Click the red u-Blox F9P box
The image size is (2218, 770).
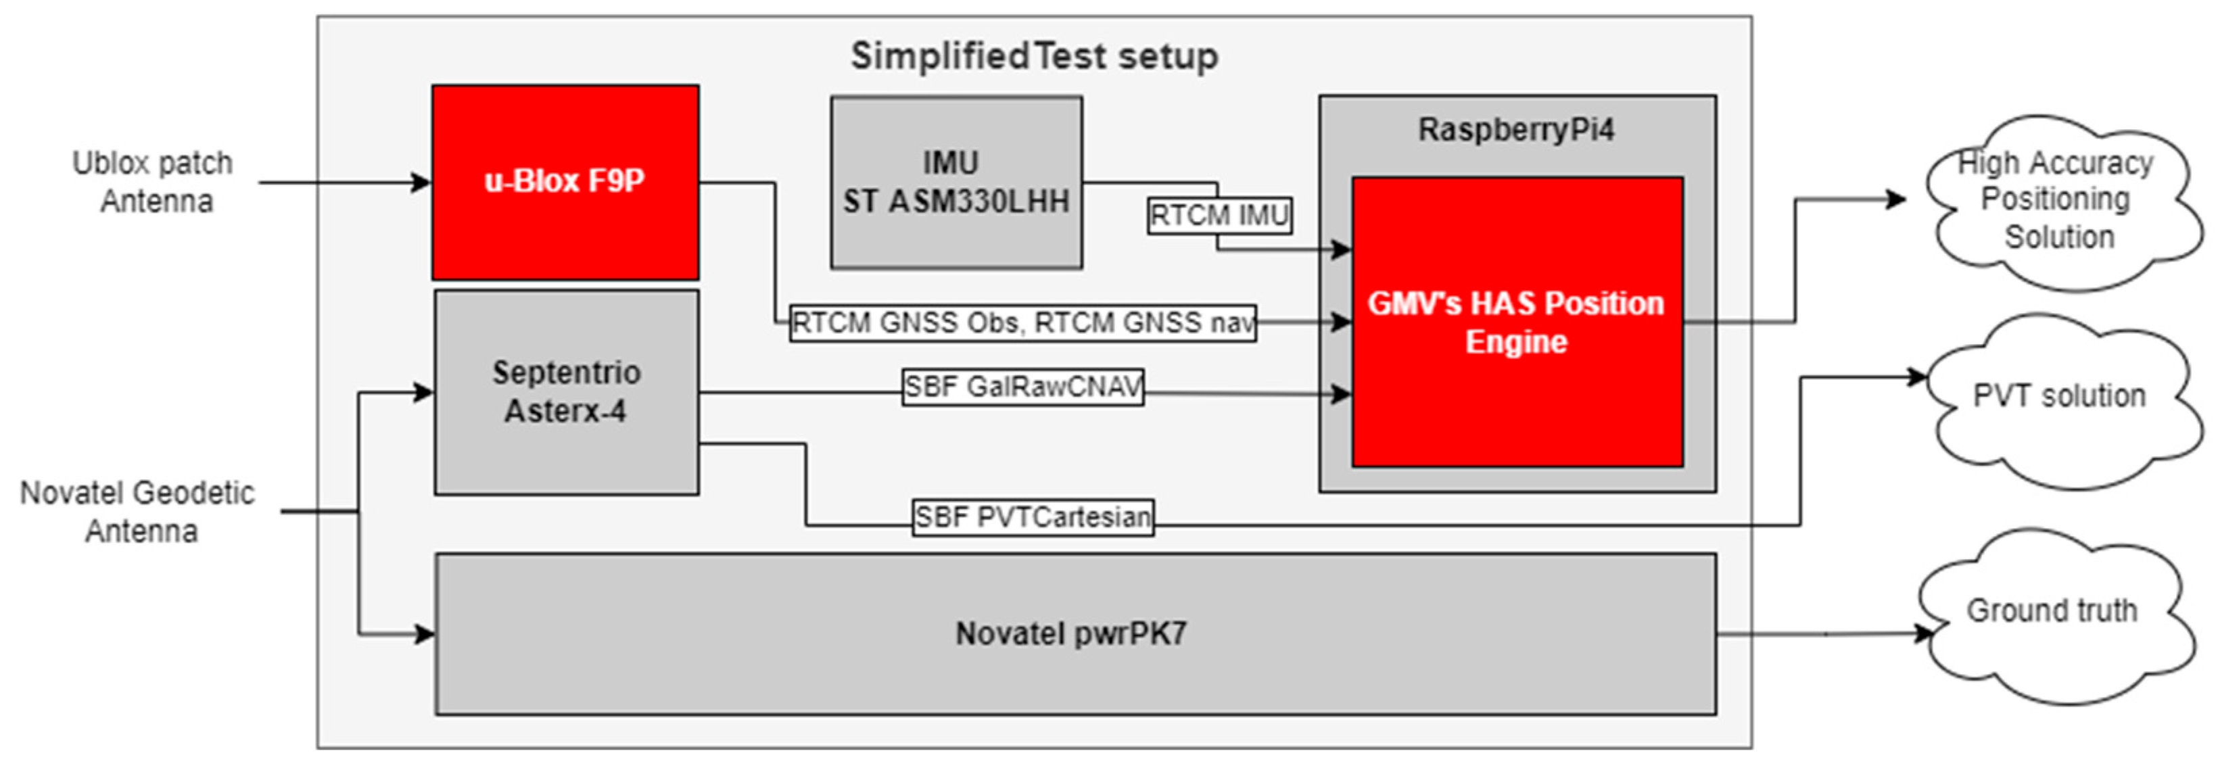coord(565,182)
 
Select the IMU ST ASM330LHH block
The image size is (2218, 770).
coord(955,182)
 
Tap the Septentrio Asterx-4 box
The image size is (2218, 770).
coord(566,392)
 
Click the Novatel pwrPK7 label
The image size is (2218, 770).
coord(1071,634)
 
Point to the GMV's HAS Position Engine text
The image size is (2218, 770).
coord(1516,322)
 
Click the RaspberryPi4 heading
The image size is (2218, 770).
coord(1516,130)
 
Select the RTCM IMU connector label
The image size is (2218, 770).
coord(1219,215)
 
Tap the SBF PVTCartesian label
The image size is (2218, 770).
coord(1033,517)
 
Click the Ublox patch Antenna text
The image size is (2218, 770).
coord(154,182)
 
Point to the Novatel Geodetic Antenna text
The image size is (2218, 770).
coord(138,512)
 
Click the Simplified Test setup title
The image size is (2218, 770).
coord(1034,57)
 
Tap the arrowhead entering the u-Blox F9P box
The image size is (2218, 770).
coord(421,183)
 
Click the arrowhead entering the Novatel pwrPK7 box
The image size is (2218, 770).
coord(425,635)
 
